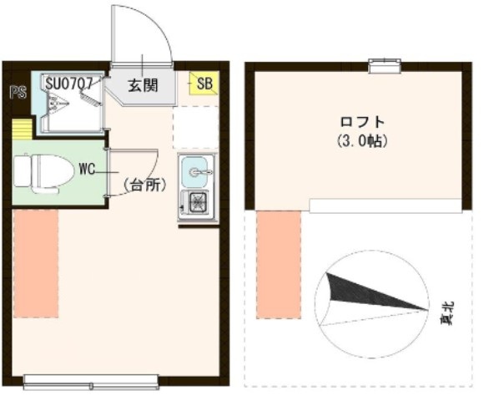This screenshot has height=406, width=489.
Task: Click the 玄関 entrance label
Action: (143, 84)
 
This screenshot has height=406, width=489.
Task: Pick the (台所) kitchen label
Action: (143, 185)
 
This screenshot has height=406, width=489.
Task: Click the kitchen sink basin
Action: (197, 172)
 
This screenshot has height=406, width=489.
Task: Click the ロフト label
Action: (355, 122)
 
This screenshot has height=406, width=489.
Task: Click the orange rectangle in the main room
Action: (36, 264)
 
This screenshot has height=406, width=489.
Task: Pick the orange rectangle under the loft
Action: (279, 264)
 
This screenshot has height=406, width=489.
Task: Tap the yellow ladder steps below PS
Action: (21, 129)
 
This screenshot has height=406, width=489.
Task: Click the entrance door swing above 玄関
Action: (144, 38)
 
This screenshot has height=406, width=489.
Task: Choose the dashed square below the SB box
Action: (197, 128)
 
